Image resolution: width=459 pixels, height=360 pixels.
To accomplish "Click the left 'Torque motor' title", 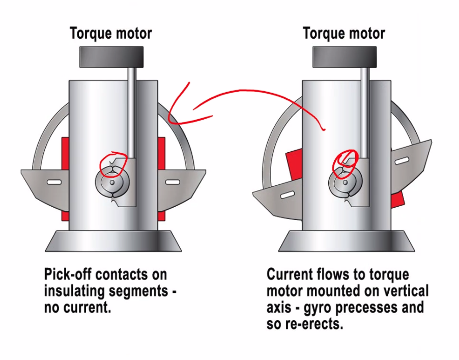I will click(x=110, y=34).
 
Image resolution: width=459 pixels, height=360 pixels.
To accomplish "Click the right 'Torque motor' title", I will click(x=343, y=34).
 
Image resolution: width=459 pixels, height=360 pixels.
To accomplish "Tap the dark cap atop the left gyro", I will click(x=111, y=57).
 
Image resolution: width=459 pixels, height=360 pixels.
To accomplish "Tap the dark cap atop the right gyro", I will click(x=344, y=57).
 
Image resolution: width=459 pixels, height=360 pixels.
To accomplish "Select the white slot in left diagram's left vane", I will click(x=54, y=182).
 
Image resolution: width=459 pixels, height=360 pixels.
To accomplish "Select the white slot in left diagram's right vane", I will click(x=173, y=182).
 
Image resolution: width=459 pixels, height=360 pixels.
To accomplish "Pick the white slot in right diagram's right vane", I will click(x=401, y=161).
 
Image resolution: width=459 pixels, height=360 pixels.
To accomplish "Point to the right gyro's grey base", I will click(x=346, y=241).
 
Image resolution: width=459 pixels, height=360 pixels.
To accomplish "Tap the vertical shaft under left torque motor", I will click(x=131, y=112).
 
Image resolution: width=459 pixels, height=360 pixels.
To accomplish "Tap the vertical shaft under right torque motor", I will click(x=364, y=112).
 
